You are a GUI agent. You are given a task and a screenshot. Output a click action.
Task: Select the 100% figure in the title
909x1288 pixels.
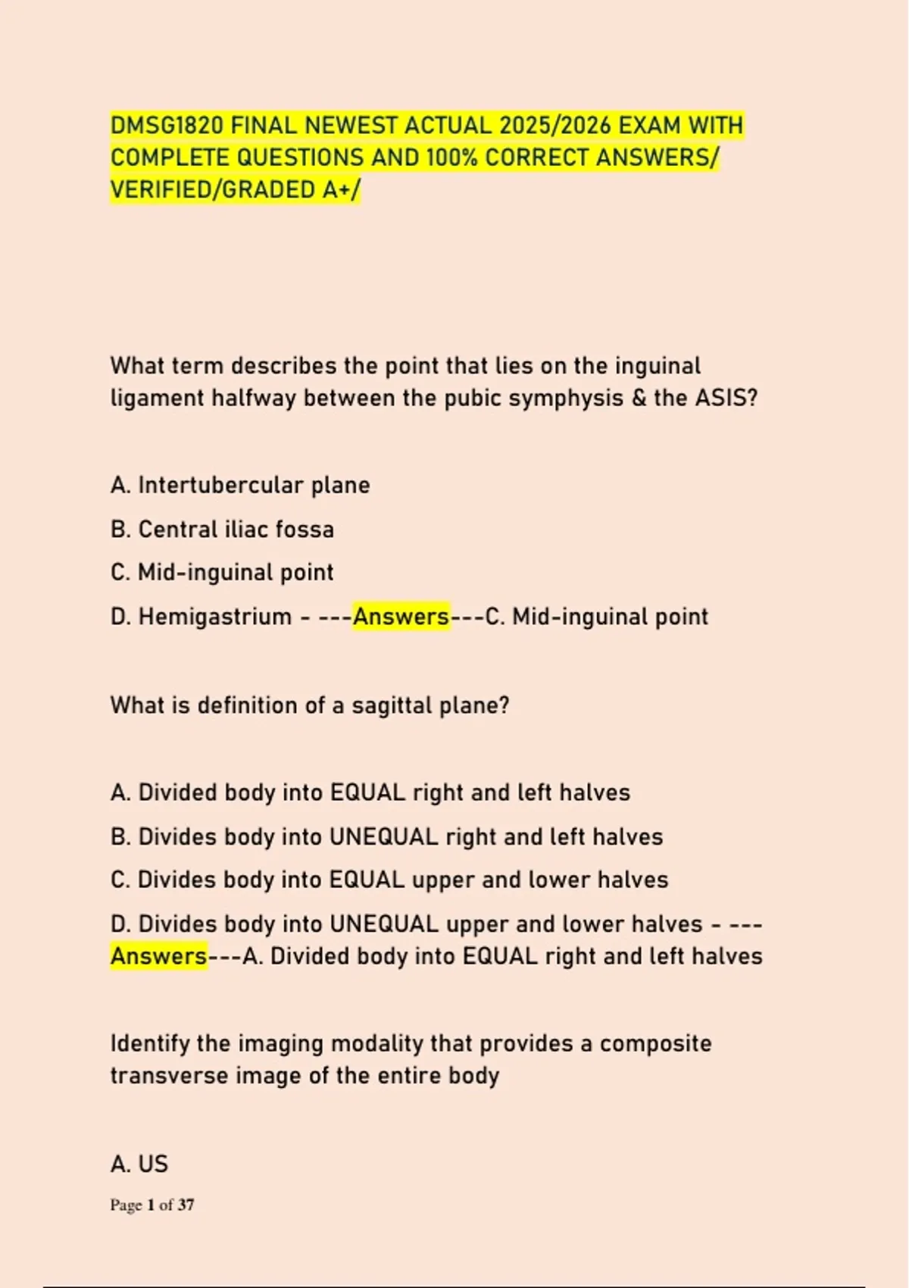pos(452,158)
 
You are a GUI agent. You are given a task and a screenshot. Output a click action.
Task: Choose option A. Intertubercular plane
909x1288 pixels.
pos(240,485)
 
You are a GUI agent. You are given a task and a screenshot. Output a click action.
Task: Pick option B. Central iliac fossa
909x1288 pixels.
pos(222,529)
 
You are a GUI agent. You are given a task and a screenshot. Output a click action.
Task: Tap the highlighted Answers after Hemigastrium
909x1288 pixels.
pos(401,617)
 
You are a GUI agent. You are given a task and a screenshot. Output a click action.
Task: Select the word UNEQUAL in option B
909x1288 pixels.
pos(383,836)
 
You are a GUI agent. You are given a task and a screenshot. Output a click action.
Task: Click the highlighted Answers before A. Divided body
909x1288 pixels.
pos(158,956)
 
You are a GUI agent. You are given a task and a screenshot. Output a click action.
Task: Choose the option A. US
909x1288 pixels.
pos(139,1164)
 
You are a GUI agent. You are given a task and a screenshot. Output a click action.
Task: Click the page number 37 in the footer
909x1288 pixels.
pos(186,1205)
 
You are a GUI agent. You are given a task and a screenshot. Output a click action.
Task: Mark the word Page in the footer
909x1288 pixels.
pos(126,1205)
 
